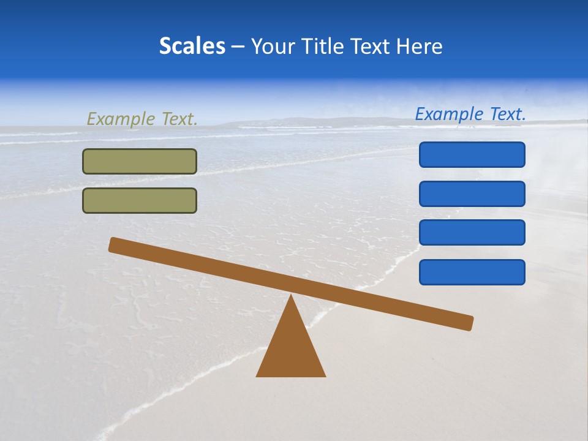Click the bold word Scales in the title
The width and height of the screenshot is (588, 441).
point(192,47)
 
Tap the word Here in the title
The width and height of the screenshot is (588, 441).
point(417,47)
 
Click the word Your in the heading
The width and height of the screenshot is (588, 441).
point(273,47)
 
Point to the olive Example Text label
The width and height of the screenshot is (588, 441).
point(142,119)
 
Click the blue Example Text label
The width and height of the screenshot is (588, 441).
point(470,114)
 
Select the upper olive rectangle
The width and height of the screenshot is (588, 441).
point(140,162)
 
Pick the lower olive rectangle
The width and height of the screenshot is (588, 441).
point(140,201)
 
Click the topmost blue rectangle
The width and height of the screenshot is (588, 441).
point(472,154)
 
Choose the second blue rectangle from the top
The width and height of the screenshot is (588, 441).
point(472,194)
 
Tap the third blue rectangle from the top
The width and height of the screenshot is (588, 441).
point(472,233)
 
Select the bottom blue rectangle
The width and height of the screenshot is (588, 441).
point(472,272)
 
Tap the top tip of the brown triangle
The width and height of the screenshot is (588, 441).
point(291,296)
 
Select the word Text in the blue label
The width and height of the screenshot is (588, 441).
point(507,114)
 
